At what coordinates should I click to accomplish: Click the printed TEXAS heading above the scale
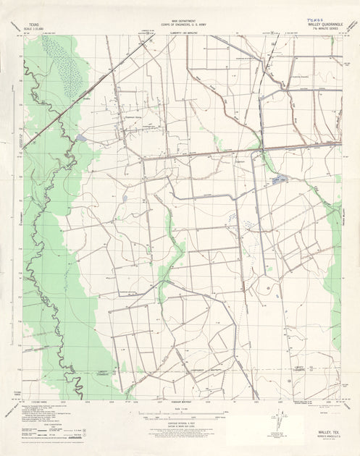click(31, 23)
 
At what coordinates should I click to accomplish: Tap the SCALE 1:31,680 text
click(31, 28)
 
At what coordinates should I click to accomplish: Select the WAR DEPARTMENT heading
click(180, 22)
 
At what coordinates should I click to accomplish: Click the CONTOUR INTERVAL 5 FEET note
click(179, 420)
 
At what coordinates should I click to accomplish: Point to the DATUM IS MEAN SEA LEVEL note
click(179, 423)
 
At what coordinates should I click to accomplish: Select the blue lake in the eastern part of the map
click(280, 179)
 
